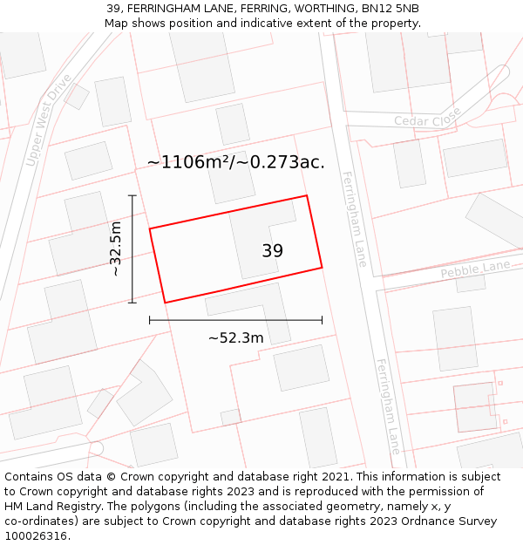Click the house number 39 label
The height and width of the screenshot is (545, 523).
272,251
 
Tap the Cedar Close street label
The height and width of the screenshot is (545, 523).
427,120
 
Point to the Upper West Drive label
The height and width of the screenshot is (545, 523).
49,119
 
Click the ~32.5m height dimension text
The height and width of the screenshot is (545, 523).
115,249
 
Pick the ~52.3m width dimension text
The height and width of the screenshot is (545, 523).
235,337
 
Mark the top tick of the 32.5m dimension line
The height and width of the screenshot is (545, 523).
132,195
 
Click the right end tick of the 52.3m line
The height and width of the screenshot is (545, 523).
322,320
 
